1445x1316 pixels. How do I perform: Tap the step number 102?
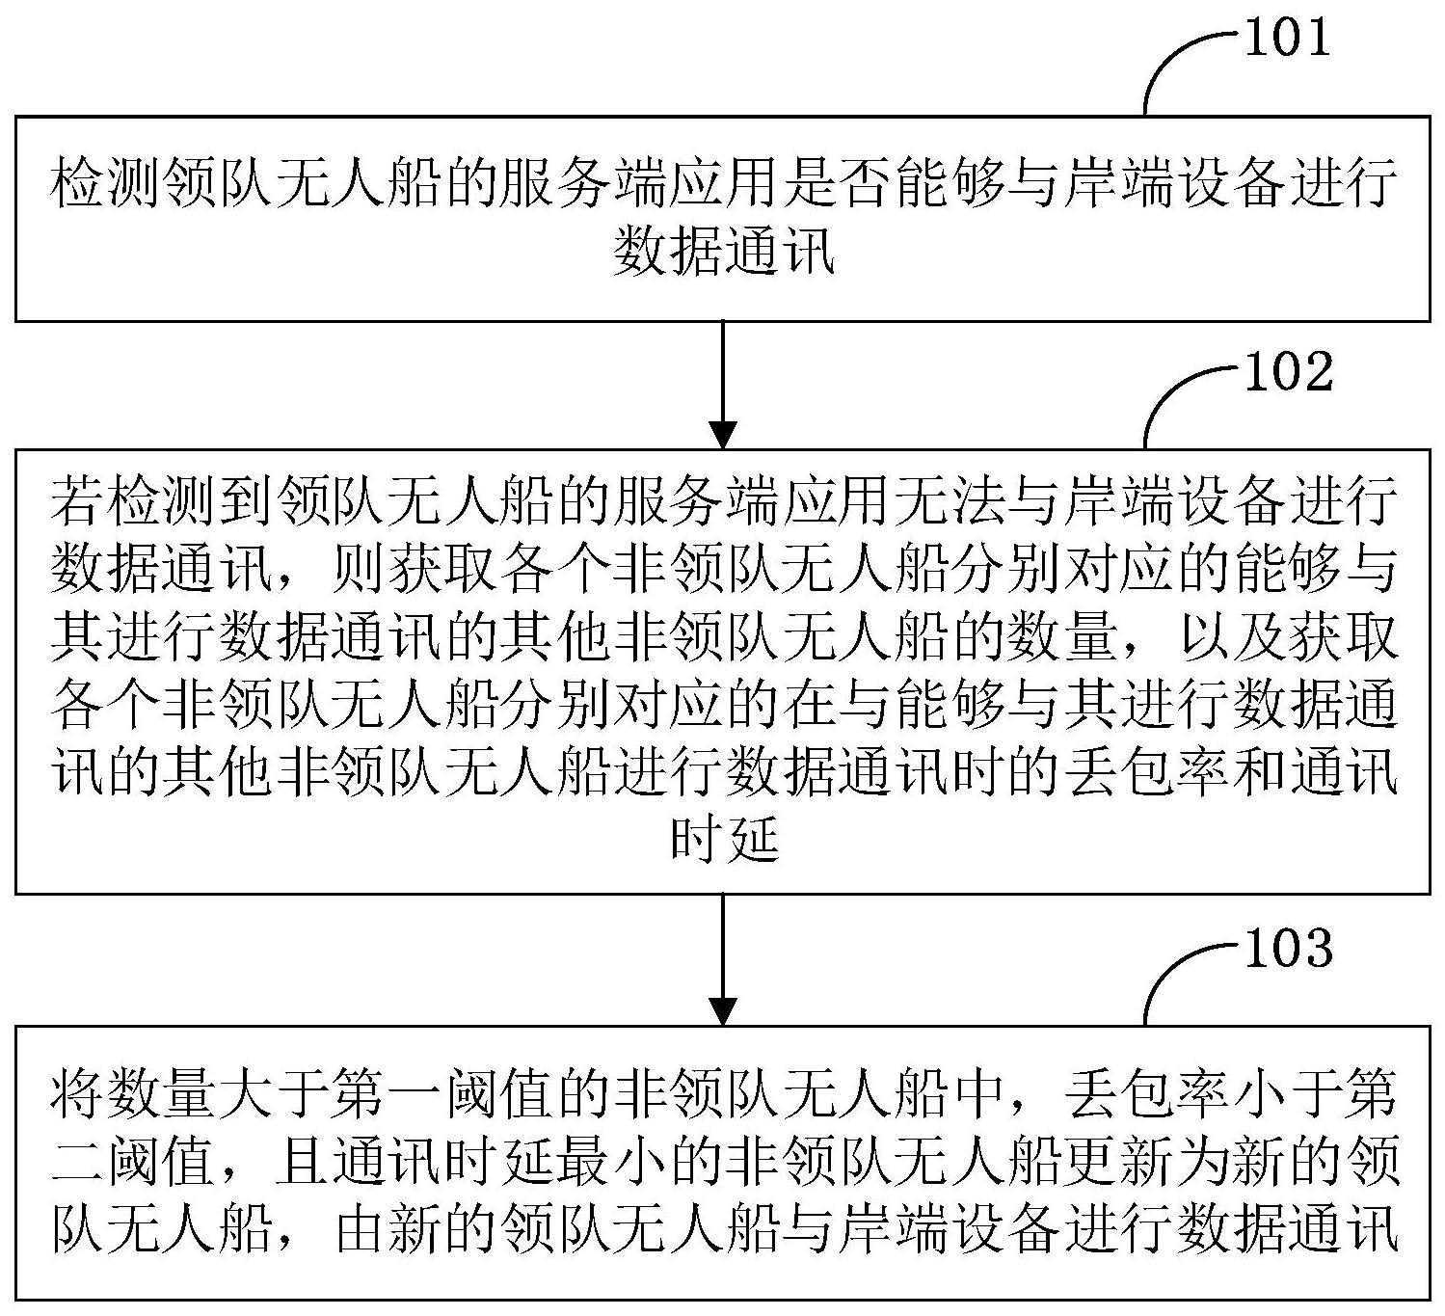point(1289,371)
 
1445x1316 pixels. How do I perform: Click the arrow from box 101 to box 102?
point(723,385)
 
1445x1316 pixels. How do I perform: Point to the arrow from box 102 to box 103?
point(723,959)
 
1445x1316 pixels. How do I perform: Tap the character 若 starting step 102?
point(75,500)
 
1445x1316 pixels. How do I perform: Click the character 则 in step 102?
point(357,569)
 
